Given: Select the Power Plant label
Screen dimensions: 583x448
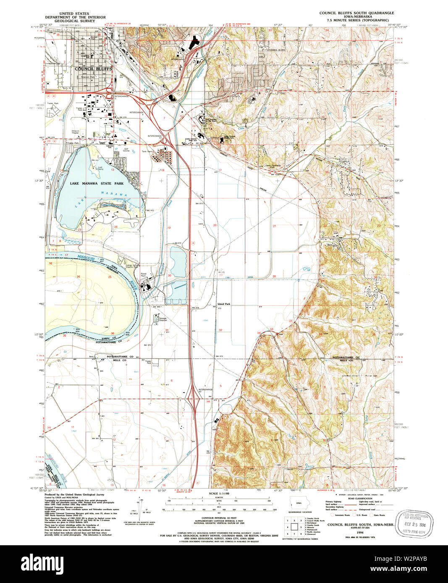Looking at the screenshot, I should click(144, 276).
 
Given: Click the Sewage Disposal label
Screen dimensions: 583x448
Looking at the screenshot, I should click(162, 320).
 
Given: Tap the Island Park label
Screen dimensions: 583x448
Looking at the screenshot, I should click(223, 304).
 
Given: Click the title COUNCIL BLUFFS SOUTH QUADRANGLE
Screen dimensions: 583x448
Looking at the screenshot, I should click(356, 13).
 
